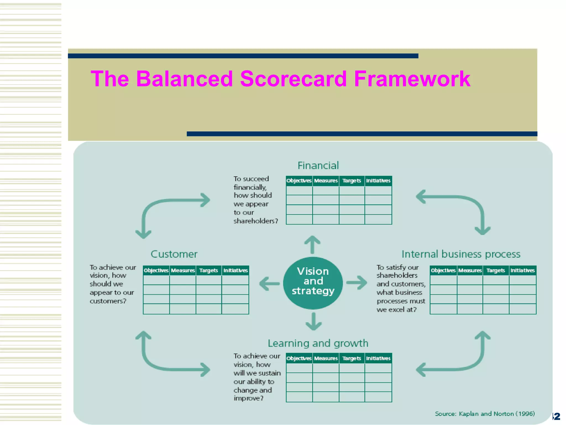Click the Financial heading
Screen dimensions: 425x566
point(318,165)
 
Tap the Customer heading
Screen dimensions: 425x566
point(174,254)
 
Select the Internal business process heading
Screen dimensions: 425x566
point(461,254)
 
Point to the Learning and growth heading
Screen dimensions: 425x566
point(318,343)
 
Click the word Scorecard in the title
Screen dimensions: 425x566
point(293,79)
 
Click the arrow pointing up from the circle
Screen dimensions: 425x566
point(312,244)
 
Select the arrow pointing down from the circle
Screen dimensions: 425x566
point(313,322)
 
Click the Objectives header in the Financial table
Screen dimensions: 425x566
point(299,181)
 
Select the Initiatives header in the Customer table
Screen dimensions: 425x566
point(235,270)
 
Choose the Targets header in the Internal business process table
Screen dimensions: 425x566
point(496,270)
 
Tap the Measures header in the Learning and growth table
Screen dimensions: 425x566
point(326,358)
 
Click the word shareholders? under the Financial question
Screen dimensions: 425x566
point(256,221)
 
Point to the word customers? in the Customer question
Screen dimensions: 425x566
point(108,301)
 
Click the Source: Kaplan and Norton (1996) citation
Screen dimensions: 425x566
point(484,414)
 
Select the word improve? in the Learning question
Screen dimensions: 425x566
point(248,398)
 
